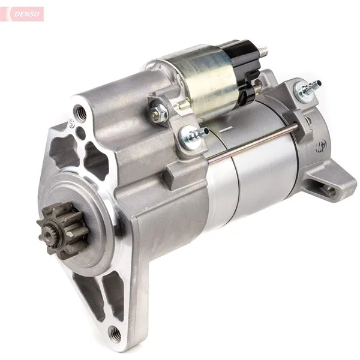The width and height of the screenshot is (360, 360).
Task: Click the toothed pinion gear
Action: [62, 230]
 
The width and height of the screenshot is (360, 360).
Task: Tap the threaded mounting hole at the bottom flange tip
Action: [115, 334]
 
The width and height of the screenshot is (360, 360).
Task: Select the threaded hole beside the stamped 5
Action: [80, 113]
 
